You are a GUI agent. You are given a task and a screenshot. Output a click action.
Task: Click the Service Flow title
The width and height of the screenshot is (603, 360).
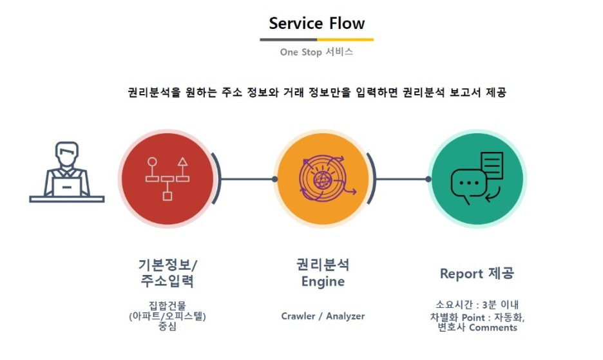click(316, 24)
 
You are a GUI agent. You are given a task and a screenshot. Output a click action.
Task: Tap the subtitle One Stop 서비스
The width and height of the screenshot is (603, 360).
click(316, 52)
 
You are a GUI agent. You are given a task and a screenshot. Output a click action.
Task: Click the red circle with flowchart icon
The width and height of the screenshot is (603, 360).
click(167, 178)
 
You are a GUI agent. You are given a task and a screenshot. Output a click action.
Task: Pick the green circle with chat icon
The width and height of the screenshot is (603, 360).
click(477, 178)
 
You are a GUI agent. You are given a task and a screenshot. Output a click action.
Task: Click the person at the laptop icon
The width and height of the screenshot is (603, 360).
click(66, 172)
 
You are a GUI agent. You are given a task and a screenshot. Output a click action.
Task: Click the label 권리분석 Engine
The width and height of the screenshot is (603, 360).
click(323, 273)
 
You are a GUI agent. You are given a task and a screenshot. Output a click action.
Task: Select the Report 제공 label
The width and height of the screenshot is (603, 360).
click(477, 274)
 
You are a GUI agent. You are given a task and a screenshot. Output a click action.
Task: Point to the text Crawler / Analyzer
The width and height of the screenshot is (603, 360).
click(323, 316)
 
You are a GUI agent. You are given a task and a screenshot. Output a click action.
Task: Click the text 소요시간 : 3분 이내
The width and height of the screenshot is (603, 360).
click(477, 305)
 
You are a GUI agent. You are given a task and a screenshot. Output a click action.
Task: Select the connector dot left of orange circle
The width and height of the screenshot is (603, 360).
click(274, 179)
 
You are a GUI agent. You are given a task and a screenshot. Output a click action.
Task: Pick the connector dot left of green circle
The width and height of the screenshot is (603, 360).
click(428, 179)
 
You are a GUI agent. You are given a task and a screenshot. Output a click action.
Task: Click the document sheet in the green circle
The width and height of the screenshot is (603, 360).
click(491, 166)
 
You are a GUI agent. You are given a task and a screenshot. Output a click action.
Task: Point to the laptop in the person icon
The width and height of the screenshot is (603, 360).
click(67, 186)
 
